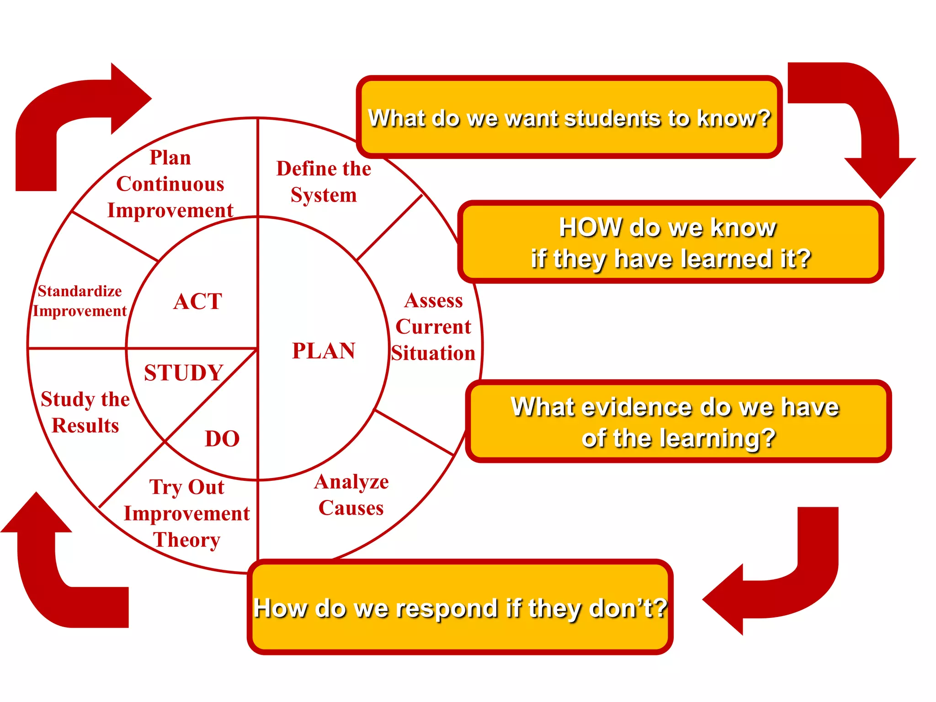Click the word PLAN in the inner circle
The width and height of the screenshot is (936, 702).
(x=324, y=351)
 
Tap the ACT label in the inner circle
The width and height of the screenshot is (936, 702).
(x=197, y=302)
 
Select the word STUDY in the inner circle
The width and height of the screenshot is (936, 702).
(x=184, y=372)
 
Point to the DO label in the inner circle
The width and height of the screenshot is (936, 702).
(x=222, y=439)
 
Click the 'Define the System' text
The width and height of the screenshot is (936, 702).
(x=324, y=181)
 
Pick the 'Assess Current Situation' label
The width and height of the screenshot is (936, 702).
(x=433, y=327)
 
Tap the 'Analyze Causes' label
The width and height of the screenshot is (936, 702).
(x=351, y=495)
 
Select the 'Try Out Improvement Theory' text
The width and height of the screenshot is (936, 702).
(x=187, y=513)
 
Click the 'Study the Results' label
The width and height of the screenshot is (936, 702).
(x=85, y=412)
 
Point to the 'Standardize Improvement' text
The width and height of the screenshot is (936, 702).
(x=80, y=301)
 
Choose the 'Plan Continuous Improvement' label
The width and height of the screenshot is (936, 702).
(x=170, y=184)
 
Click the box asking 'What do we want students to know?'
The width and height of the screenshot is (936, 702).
(x=569, y=117)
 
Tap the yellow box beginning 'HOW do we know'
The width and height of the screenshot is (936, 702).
(x=670, y=242)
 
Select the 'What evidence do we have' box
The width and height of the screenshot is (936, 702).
(x=678, y=421)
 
